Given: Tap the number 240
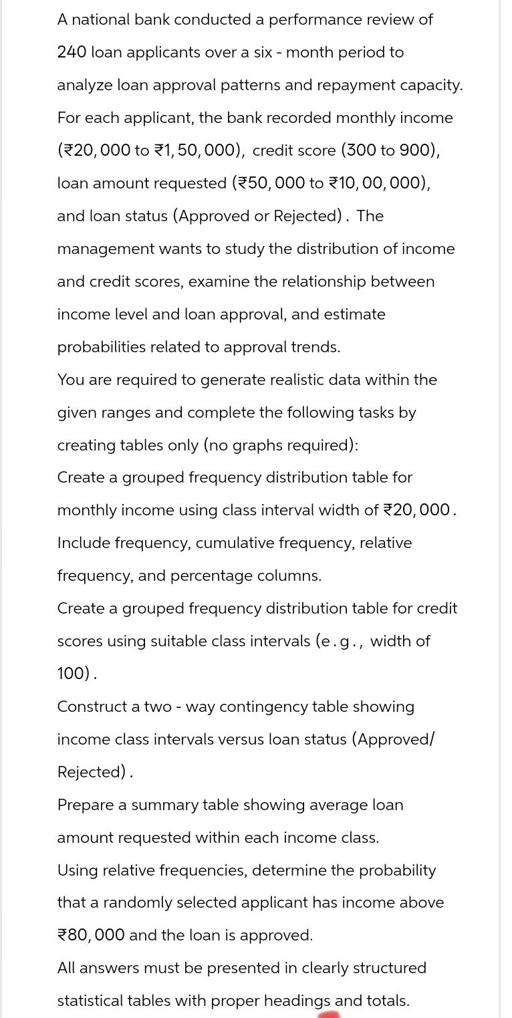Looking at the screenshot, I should click(x=72, y=52).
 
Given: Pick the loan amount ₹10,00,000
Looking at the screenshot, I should click(x=379, y=183).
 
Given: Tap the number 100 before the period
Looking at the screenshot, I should click(x=73, y=674).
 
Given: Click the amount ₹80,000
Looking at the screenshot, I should click(x=91, y=935).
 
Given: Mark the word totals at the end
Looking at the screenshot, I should click(x=384, y=1001).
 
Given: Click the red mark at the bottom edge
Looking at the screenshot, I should click(x=329, y=1014).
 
